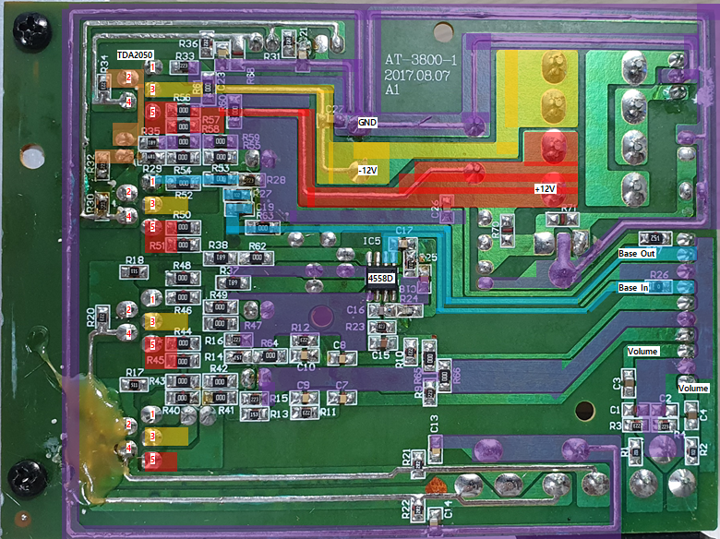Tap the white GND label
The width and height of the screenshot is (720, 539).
pyautogui.click(x=367, y=121)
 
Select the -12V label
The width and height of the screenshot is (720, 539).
pyautogui.click(x=367, y=170)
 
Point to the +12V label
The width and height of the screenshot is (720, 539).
pyautogui.click(x=546, y=188)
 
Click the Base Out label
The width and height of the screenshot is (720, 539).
pyautogui.click(x=636, y=252)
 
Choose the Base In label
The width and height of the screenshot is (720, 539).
pyautogui.click(x=632, y=287)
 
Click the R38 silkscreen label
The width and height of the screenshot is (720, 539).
pyautogui.click(x=219, y=246)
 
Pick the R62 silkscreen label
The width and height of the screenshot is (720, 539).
pyautogui.click(x=257, y=246)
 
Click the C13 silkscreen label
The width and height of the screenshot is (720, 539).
pyautogui.click(x=434, y=424)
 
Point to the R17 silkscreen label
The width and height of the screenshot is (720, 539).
pyautogui.click(x=135, y=372)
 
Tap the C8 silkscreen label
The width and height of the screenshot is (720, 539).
pyautogui.click(x=340, y=345)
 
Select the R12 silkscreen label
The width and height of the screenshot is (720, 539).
pyautogui.click(x=300, y=328)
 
